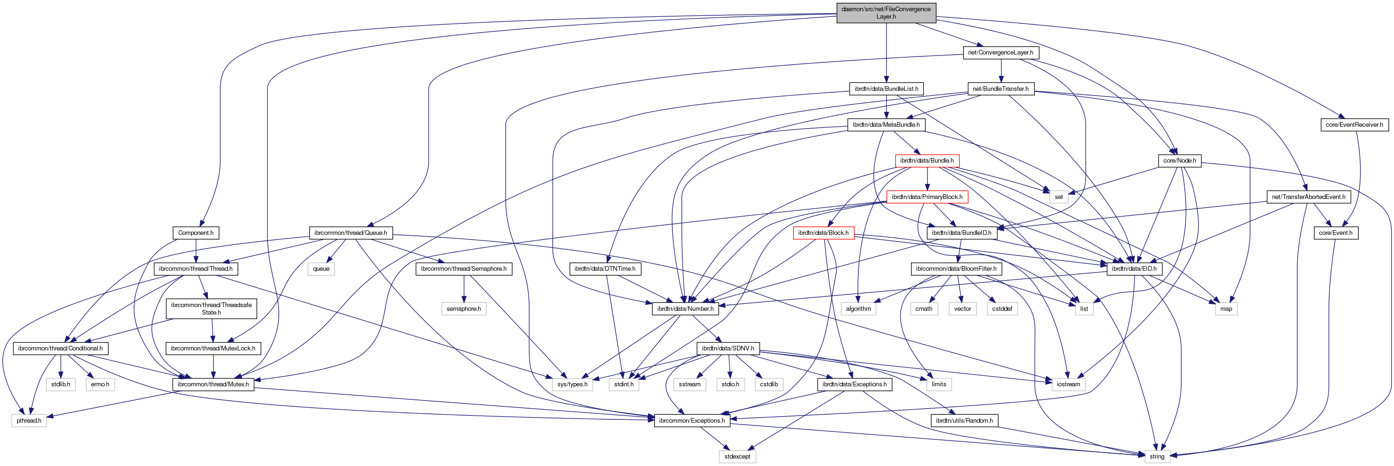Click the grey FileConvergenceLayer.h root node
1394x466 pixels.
pyautogui.click(x=886, y=13)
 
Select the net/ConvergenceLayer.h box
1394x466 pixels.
pyautogui.click(x=1000, y=53)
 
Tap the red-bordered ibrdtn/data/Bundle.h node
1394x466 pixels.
pyautogui.click(x=927, y=161)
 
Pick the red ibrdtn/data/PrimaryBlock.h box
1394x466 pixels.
pyautogui.click(x=927, y=197)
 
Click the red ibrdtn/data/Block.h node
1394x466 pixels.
pyautogui.click(x=823, y=233)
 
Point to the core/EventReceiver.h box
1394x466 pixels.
pyautogui.click(x=1354, y=124)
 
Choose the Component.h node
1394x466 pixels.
pyautogui.click(x=195, y=233)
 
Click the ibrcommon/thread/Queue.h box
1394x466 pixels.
pyautogui.click(x=351, y=233)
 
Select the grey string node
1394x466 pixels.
pyautogui.click(x=1157, y=457)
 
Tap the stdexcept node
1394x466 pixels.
pyautogui.click(x=737, y=457)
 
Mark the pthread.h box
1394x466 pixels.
pyautogui.click(x=29, y=421)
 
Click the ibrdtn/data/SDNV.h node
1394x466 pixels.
pyautogui.click(x=728, y=349)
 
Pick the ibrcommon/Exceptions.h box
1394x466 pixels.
pyautogui.click(x=691, y=421)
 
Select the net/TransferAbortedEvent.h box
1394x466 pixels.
pyautogui.click(x=1308, y=197)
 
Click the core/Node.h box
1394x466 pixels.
pyautogui.click(x=1180, y=161)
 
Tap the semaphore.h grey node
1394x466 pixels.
pyautogui.click(x=464, y=309)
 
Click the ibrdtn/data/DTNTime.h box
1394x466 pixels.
pyautogui.click(x=604, y=269)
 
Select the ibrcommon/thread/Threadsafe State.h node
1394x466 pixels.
pyautogui.click(x=211, y=309)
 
